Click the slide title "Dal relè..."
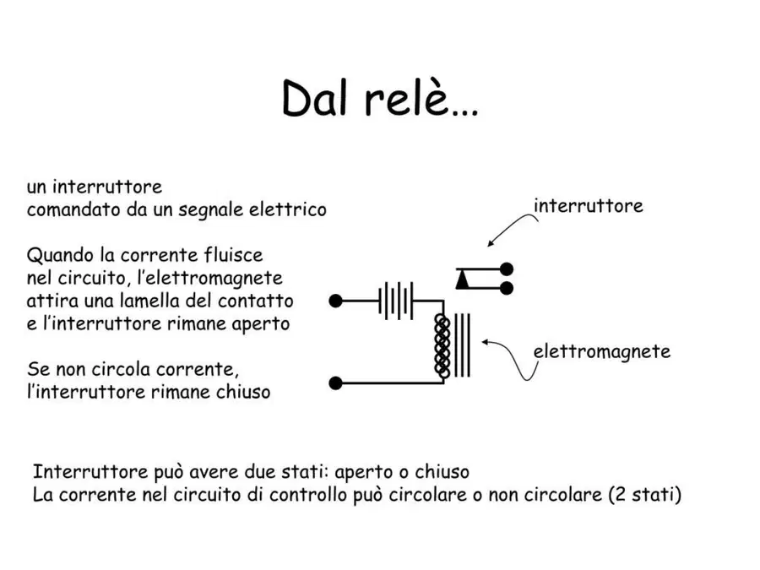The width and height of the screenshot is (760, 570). (x=380, y=99)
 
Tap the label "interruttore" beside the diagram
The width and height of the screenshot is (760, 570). (x=589, y=206)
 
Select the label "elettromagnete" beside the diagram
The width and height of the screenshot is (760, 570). (x=602, y=352)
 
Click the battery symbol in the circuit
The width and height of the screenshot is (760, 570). (x=396, y=301)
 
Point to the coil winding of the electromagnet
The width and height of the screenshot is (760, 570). (x=442, y=345)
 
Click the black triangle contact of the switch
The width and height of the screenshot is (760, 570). (x=463, y=280)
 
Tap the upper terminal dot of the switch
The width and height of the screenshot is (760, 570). (x=507, y=269)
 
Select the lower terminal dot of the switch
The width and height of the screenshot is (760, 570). (x=507, y=289)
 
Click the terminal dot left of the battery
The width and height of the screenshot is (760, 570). (x=335, y=301)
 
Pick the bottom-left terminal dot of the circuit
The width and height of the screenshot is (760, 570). (x=335, y=383)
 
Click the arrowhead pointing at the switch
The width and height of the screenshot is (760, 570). (x=491, y=243)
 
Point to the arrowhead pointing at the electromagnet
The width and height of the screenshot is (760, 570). (x=486, y=342)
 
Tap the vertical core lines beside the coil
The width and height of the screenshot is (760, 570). (x=463, y=345)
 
